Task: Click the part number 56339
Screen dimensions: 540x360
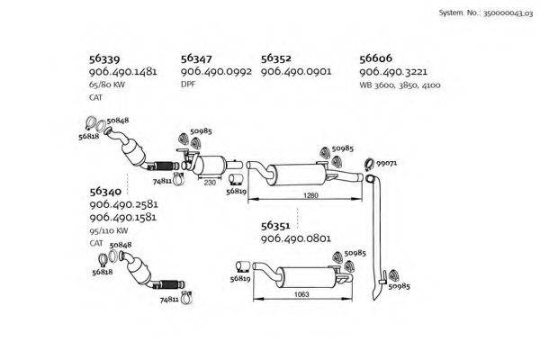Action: tap(104, 58)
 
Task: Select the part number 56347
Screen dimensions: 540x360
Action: tap(196, 58)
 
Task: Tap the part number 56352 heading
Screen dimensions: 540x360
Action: tap(276, 58)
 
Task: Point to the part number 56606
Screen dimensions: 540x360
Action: tap(375, 58)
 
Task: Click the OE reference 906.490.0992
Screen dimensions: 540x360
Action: tap(216, 72)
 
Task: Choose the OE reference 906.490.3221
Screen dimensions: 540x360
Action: tap(393, 72)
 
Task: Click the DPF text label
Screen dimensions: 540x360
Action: tap(188, 84)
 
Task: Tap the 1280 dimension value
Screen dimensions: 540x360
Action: tap(310, 195)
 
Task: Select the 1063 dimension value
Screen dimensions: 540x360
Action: tap(301, 294)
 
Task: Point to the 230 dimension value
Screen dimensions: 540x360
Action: tap(210, 183)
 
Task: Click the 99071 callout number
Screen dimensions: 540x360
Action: tap(386, 163)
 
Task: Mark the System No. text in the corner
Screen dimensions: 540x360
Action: tap(486, 13)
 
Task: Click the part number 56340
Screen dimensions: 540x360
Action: tap(105, 192)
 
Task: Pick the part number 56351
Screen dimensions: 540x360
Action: tap(275, 226)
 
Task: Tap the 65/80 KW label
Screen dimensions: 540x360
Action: tap(107, 85)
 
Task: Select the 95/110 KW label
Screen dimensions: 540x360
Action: tap(109, 230)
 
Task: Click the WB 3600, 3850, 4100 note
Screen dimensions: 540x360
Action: tap(400, 85)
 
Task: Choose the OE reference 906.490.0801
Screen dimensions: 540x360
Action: tap(296, 238)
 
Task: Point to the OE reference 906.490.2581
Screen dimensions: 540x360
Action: tap(123, 204)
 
